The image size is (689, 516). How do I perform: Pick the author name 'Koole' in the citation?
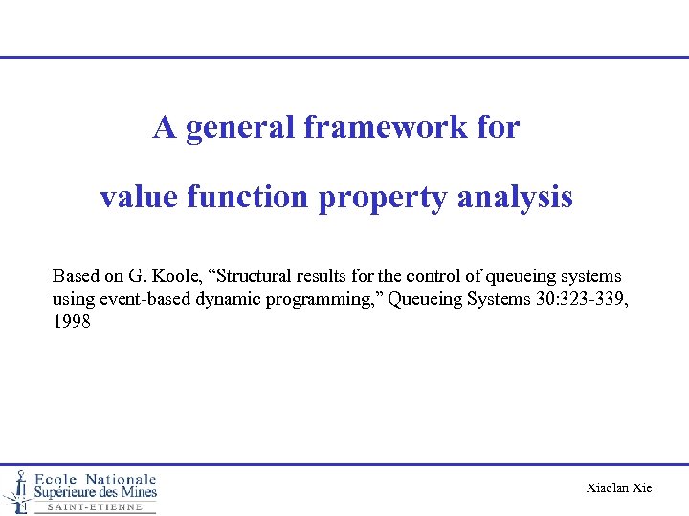click(x=179, y=276)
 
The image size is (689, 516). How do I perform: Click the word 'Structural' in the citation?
click(x=259, y=276)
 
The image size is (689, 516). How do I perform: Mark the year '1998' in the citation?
click(x=72, y=322)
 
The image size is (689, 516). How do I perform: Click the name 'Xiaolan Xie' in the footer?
click(x=618, y=488)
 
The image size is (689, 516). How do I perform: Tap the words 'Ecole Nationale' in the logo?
click(x=96, y=479)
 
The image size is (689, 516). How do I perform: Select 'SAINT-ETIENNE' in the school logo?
click(x=95, y=507)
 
